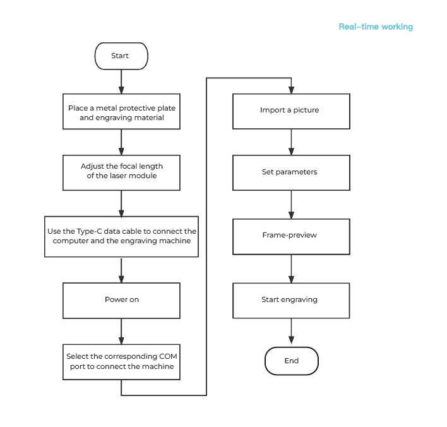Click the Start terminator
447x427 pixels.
(121, 56)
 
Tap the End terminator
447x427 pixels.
(291, 361)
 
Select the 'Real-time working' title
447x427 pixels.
(376, 27)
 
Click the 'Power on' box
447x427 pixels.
(121, 301)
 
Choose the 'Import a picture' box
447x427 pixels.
(291, 111)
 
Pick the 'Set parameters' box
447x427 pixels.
(291, 172)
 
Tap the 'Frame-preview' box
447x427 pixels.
(291, 236)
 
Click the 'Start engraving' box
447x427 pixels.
(291, 301)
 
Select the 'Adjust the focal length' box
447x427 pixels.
(121, 172)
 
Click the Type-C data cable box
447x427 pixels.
(121, 236)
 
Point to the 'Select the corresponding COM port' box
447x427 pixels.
(121, 362)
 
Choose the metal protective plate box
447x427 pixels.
(121, 111)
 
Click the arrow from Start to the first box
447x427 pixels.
(121, 81)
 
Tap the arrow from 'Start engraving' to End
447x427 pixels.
(291, 331)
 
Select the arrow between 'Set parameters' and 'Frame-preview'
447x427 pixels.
(291, 205)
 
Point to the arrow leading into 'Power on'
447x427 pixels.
(121, 271)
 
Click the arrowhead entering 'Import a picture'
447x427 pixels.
(291, 90)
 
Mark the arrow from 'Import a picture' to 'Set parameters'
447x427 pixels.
(291, 142)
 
